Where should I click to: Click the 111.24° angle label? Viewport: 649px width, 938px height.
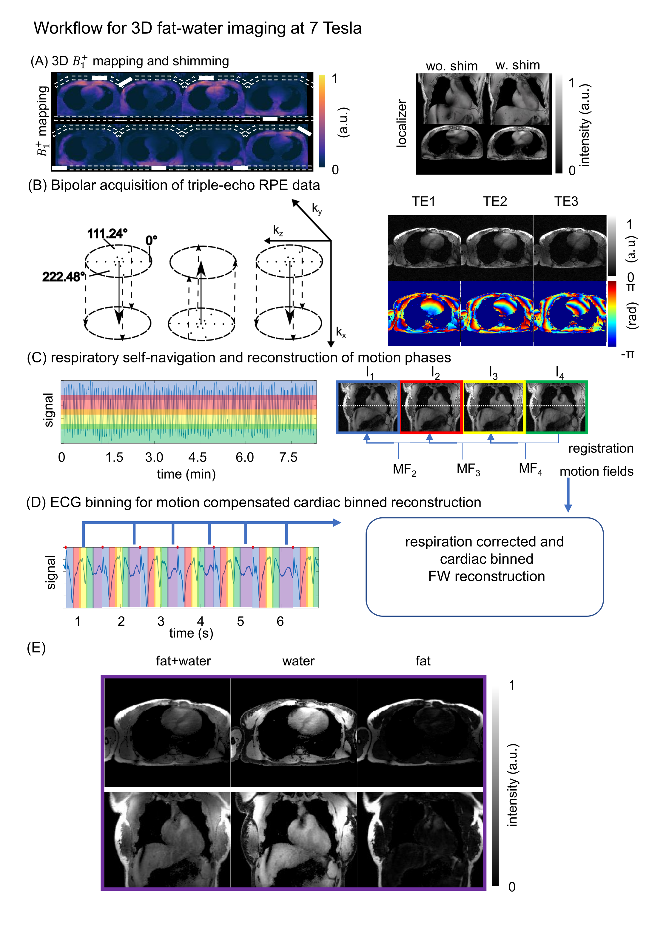coord(107,233)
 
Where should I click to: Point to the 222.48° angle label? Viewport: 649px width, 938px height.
coord(64,277)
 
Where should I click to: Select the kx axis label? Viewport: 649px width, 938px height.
coord(341,333)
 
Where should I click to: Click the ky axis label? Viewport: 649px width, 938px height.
coord(317,209)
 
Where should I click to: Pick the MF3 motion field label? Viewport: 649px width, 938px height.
coord(468,469)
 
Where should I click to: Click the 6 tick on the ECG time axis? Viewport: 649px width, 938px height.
coord(280,621)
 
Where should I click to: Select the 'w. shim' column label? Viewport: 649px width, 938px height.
coord(517,65)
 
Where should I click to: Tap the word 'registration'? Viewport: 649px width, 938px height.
coord(601,448)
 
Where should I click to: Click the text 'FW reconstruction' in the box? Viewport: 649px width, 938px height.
coord(486,576)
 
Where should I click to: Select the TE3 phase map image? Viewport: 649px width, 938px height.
coord(569,313)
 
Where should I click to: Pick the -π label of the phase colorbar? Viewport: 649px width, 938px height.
coord(628,354)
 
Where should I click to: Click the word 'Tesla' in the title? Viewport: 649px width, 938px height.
coord(342,28)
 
